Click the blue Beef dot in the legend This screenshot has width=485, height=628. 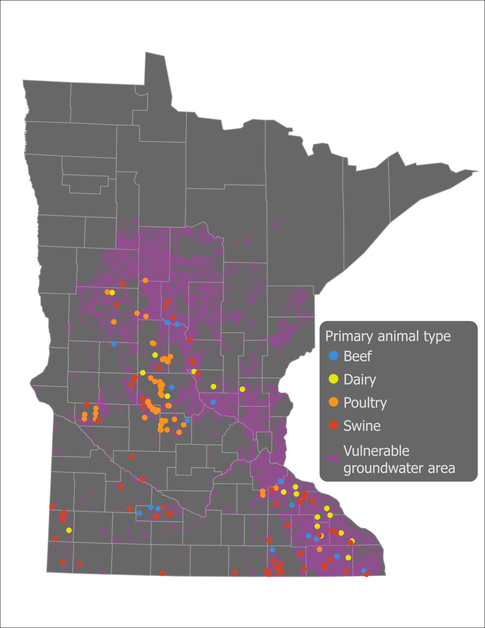(333, 356)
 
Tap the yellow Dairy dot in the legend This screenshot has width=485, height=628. (333, 379)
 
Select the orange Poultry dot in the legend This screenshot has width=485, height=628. (333, 402)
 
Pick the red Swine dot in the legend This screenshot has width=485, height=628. (333, 425)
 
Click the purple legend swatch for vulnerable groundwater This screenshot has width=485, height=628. (333, 458)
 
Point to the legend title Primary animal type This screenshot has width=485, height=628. (388, 336)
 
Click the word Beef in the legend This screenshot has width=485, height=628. (357, 356)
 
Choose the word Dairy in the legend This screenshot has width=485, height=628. (360, 379)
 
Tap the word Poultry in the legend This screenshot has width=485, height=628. (365, 403)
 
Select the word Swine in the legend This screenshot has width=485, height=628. (362, 426)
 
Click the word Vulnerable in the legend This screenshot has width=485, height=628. (376, 451)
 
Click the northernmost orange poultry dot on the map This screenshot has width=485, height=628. (145, 281)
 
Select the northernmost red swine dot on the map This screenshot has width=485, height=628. (123, 284)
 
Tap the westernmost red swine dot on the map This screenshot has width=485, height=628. (53, 506)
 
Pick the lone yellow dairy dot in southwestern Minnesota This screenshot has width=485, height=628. (69, 530)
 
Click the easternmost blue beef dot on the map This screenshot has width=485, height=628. (364, 571)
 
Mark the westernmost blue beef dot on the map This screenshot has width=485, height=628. (114, 344)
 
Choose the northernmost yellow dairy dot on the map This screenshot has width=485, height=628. (112, 293)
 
